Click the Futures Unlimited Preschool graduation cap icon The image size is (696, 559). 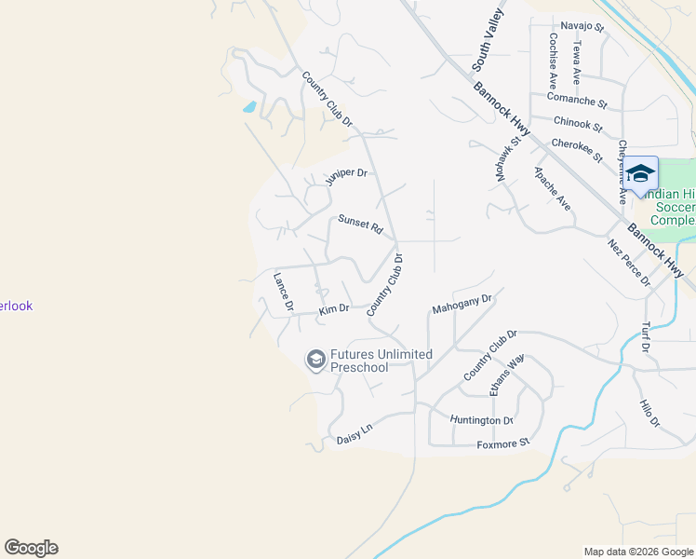(316, 360)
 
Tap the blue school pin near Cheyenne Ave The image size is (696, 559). (640, 174)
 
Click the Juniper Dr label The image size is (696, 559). (347, 177)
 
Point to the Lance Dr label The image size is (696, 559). (283, 291)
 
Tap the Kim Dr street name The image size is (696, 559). (333, 309)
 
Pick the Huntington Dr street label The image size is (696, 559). (481, 420)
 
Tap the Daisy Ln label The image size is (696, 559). (354, 433)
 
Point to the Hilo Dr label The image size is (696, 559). (649, 414)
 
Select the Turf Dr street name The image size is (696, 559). (645, 337)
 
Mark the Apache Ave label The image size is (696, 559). (552, 189)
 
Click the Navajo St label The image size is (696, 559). (582, 27)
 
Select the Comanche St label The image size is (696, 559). (577, 100)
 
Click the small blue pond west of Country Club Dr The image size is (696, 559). (249, 107)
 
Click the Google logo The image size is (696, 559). (31, 548)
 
